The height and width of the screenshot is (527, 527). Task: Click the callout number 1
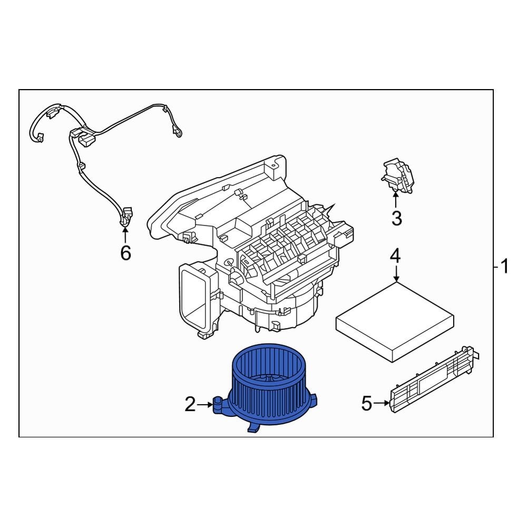pyautogui.click(x=505, y=267)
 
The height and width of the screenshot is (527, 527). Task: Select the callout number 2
pyautogui.click(x=190, y=405)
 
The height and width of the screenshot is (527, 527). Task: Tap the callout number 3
pyautogui.click(x=396, y=218)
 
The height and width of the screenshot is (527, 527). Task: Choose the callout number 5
pyautogui.click(x=367, y=405)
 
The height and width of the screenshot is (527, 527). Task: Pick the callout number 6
pyautogui.click(x=125, y=253)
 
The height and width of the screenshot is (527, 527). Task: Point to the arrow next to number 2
pyautogui.click(x=206, y=405)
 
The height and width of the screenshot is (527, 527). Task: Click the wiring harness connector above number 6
pyautogui.click(x=125, y=216)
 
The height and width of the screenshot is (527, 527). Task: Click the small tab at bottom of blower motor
pyautogui.click(x=253, y=430)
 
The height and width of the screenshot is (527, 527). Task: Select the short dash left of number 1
pyautogui.click(x=496, y=267)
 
